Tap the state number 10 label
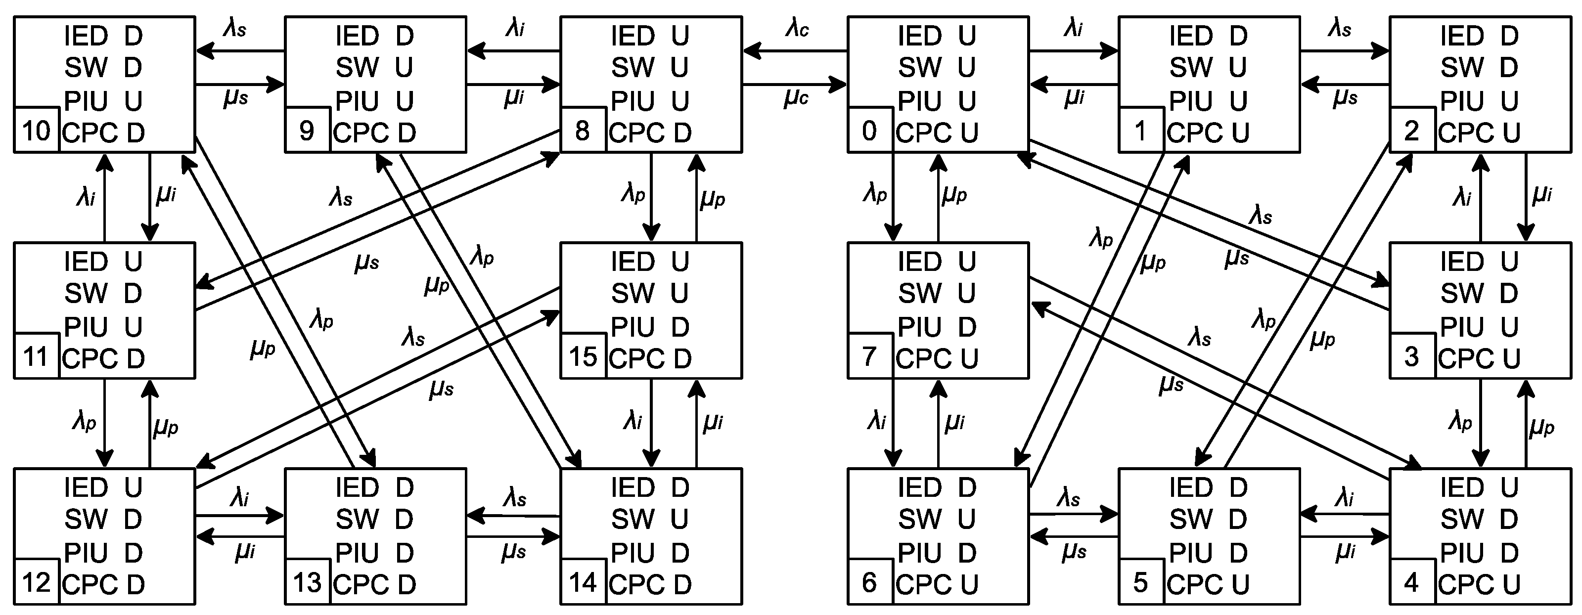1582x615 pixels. tap(36, 131)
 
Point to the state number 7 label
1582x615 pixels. tap(869, 356)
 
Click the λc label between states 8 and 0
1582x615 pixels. tap(797, 28)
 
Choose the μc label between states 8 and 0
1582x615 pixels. tap(796, 98)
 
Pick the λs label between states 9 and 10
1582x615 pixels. tap(234, 28)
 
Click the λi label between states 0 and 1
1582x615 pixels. tap(1073, 28)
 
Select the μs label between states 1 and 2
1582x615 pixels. tap(1345, 98)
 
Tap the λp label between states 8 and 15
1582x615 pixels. tap(633, 194)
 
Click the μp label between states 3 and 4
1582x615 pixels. tap(1541, 427)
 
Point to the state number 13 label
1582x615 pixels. tap(307, 582)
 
